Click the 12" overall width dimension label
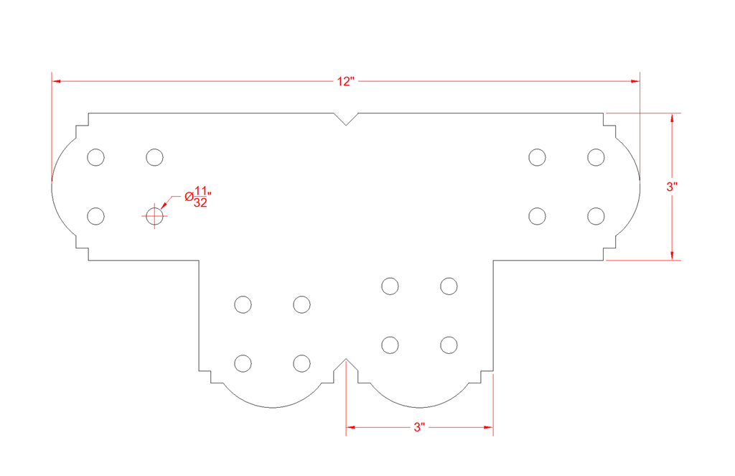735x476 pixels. [345, 82]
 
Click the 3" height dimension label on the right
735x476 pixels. [672, 187]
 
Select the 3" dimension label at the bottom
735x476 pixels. [419, 427]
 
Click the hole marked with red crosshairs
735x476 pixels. [154, 216]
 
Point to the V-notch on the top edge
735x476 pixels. [346, 119]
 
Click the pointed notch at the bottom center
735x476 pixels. [346, 365]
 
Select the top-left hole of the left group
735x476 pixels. [95, 157]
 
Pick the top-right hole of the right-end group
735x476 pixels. [596, 157]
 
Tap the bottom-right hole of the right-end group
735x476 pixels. [596, 216]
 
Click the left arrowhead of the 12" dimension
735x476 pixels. [56, 81]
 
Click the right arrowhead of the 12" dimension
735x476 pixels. [635, 81]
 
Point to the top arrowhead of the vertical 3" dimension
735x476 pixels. [672, 118]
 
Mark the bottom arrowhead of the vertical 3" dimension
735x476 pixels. [672, 255]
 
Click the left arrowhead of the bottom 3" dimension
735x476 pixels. [350, 427]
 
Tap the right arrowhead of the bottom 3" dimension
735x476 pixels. [488, 427]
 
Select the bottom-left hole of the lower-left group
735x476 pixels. [243, 363]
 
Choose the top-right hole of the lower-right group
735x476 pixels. [449, 286]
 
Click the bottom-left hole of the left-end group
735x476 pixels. [95, 216]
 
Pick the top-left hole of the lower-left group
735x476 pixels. [243, 304]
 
